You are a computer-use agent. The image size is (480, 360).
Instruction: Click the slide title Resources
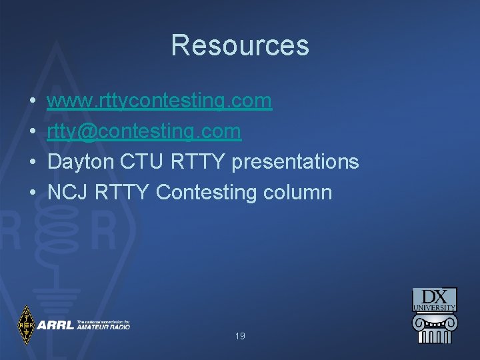pos(240,45)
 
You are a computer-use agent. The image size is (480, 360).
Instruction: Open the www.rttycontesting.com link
pos(160,101)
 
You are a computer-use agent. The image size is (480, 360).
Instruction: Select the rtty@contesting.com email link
pos(144,131)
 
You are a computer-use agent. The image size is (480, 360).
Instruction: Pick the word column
pos(298,193)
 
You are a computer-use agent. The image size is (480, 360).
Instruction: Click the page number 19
pos(240,337)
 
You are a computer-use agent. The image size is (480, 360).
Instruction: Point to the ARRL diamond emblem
pos(26,325)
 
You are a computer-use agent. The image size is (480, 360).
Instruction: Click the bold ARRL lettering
pos(56,325)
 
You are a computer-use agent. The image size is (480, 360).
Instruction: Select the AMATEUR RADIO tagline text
pos(103,327)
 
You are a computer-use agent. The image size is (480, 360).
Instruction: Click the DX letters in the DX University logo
pos(435,296)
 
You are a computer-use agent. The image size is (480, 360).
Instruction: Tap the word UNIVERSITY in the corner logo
pos(435,308)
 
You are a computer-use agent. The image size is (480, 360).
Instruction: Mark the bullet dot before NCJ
pos(33,193)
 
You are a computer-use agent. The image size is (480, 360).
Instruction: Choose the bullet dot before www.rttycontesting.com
pos(33,101)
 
